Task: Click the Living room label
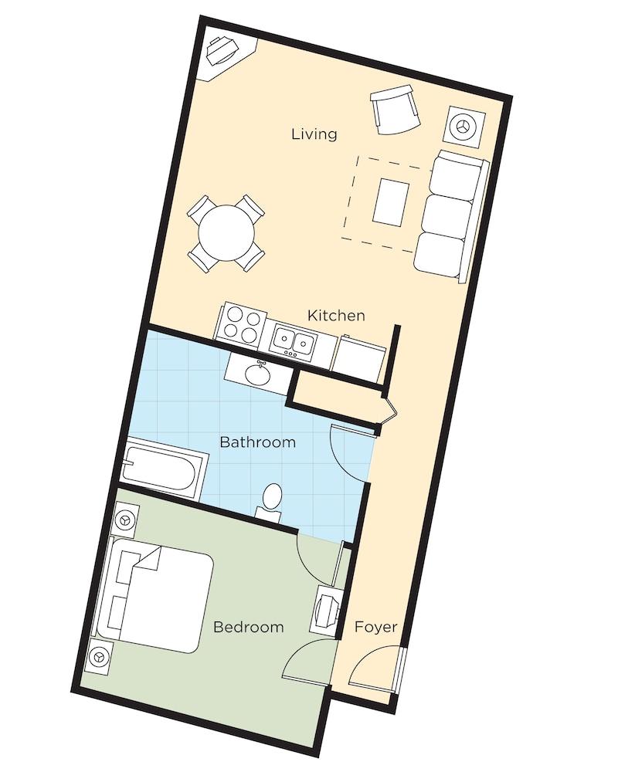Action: [x=314, y=134]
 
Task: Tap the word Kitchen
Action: [x=336, y=315]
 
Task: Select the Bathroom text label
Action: [x=258, y=442]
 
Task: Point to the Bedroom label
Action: [x=249, y=627]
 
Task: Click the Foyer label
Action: [x=376, y=627]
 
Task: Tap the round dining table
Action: [x=226, y=233]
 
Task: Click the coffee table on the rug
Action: [x=391, y=203]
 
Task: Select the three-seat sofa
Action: [x=451, y=217]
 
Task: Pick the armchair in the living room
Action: [x=396, y=110]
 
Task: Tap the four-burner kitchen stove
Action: [x=240, y=322]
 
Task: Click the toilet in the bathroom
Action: [x=270, y=503]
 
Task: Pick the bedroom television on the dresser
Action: [x=325, y=610]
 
